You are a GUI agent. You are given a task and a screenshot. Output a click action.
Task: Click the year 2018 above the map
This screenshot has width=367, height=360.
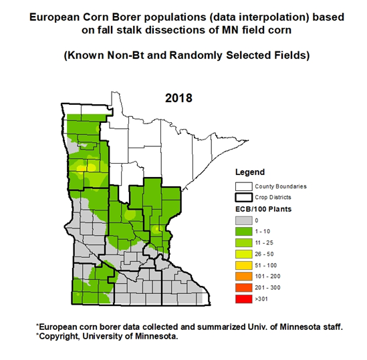[x=178, y=98]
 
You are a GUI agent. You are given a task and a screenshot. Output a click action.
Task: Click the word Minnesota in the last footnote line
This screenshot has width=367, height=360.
[x=158, y=337]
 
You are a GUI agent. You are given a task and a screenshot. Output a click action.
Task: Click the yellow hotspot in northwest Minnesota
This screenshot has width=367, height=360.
[x=81, y=168]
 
